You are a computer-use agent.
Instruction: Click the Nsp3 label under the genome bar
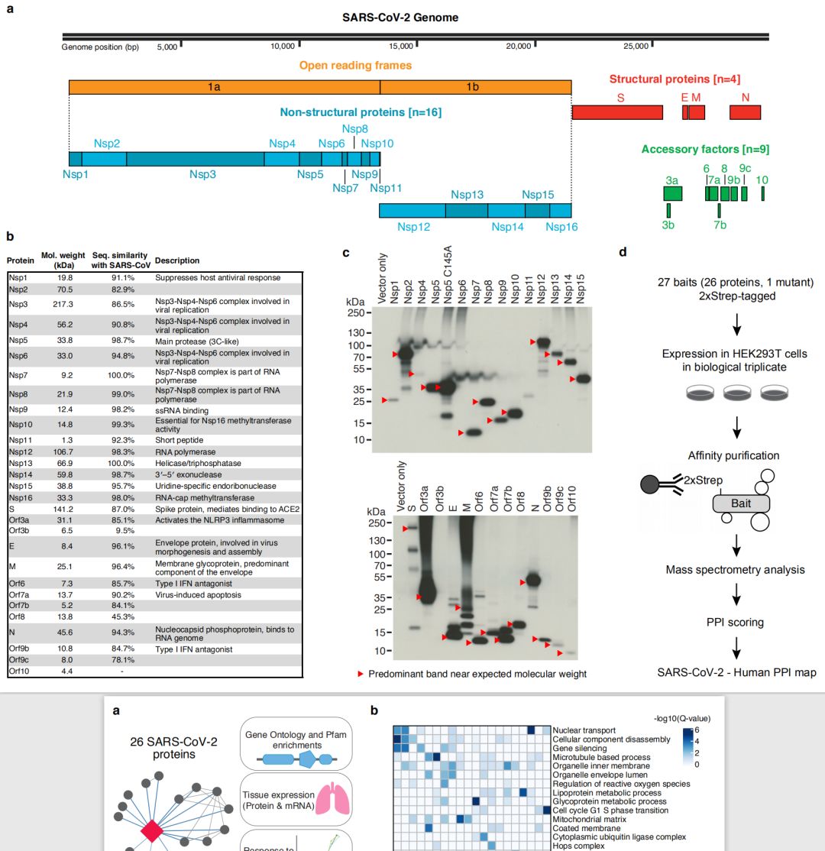coord(203,174)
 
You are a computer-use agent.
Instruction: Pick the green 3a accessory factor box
coord(672,194)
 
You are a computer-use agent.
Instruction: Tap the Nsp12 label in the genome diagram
coord(413,227)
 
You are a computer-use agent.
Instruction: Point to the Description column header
coord(177,260)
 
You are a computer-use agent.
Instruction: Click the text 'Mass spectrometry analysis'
coord(735,569)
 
